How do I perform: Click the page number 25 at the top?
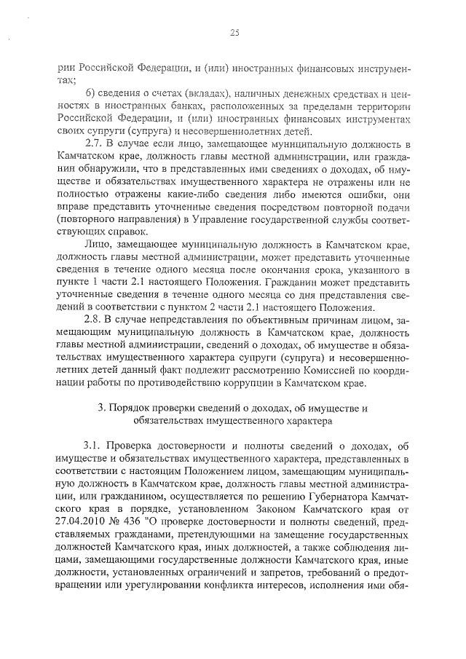[234, 32]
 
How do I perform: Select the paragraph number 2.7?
[95, 143]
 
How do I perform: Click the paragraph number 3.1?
[95, 446]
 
